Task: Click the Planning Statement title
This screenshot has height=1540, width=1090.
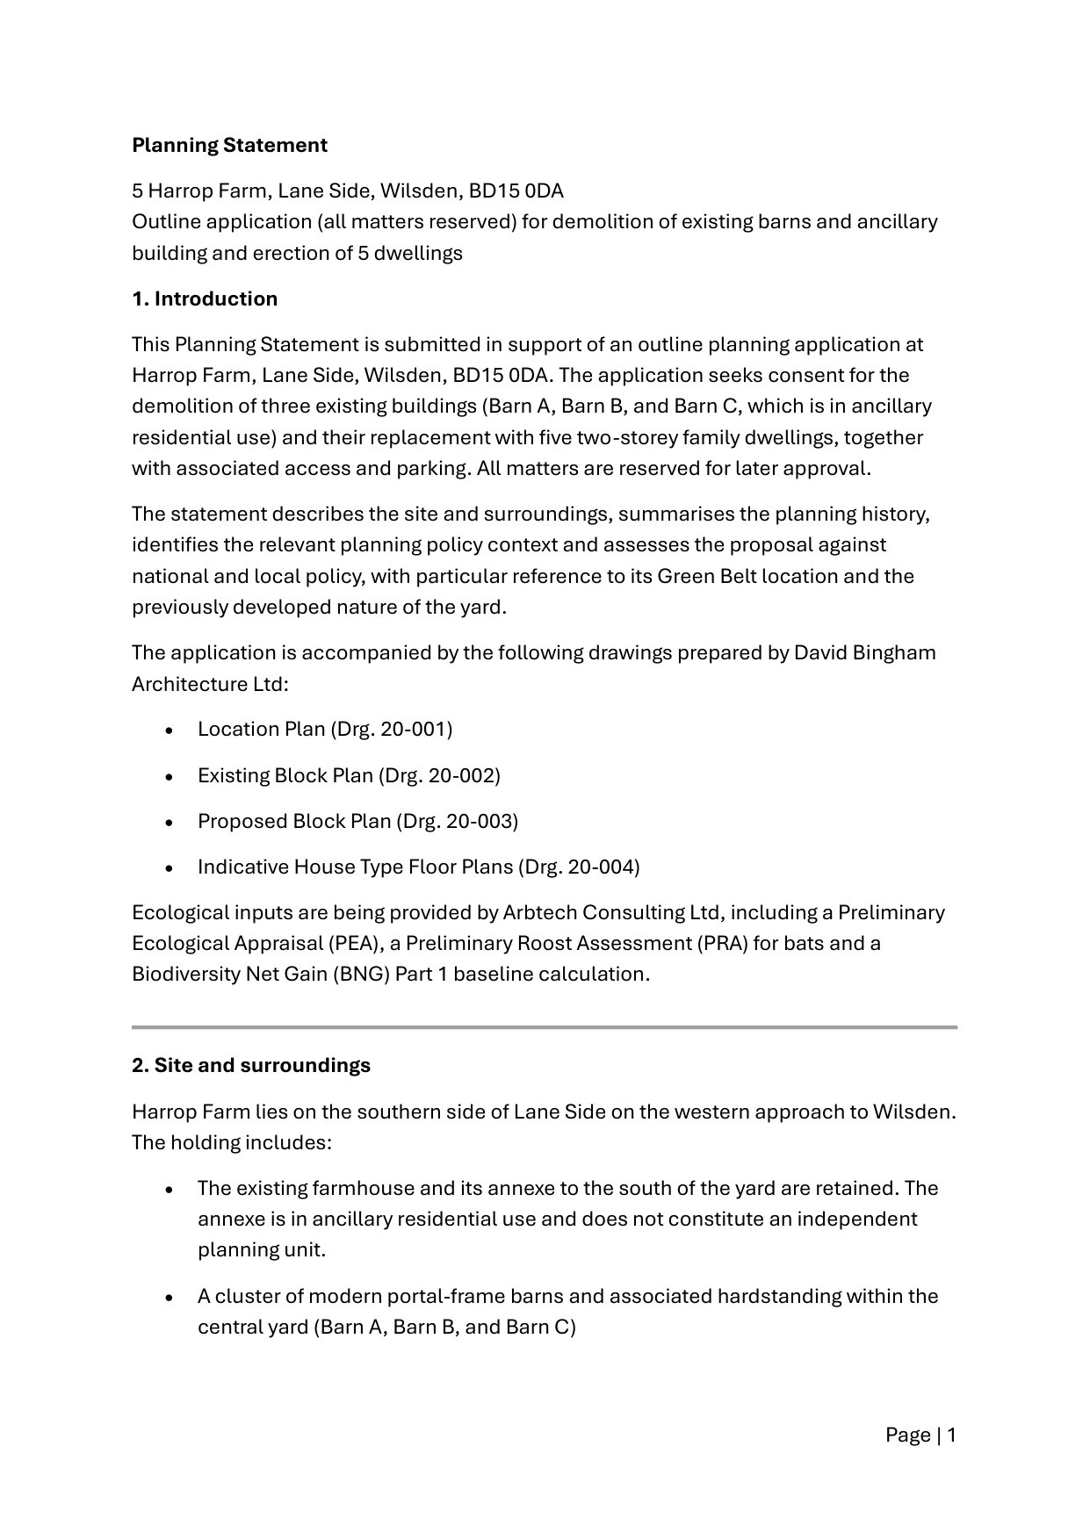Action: (x=229, y=145)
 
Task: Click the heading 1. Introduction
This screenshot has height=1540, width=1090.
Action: (x=205, y=299)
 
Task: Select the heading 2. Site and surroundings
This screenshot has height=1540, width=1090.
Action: (x=251, y=1065)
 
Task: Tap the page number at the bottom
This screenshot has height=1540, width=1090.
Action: (x=920, y=1436)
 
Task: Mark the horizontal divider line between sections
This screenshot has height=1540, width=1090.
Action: (x=545, y=1026)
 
